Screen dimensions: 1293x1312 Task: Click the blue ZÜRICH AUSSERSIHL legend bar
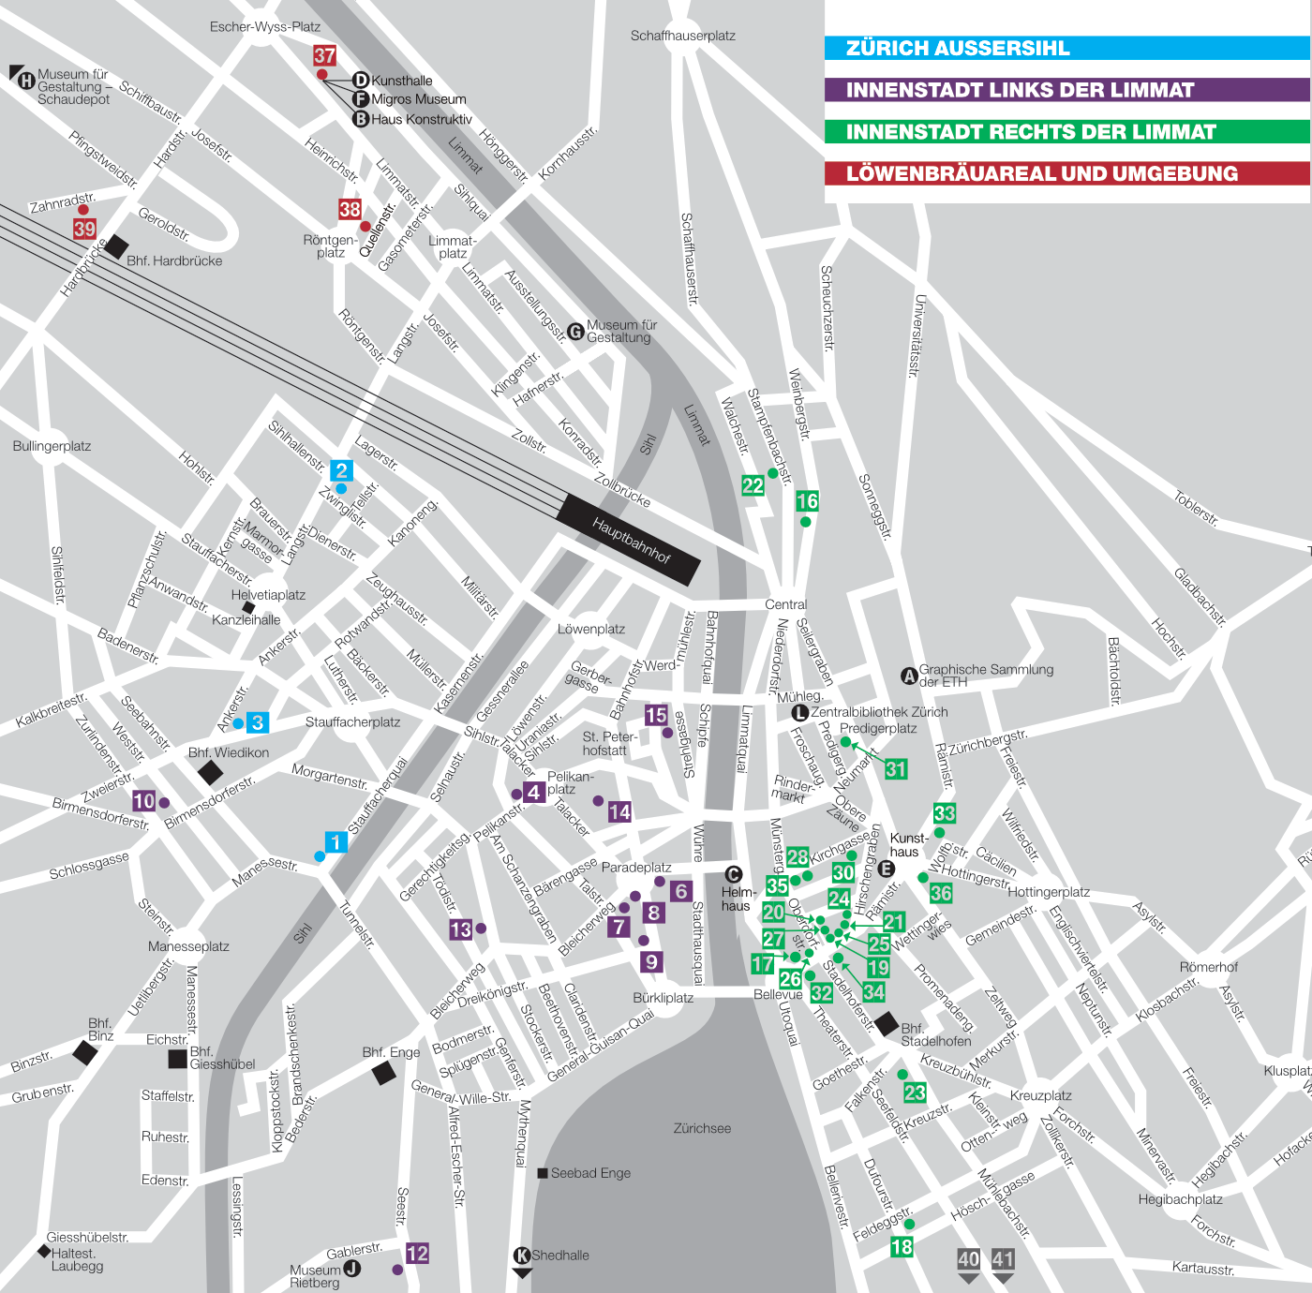[x=1066, y=49]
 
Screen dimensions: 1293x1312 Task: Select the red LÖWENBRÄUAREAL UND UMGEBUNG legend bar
[x=1066, y=173]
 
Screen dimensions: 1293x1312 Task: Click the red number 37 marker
[x=324, y=56]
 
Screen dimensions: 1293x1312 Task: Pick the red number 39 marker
[x=84, y=229]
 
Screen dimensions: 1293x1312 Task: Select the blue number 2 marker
[x=341, y=470]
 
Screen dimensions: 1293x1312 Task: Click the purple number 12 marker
[x=417, y=1254]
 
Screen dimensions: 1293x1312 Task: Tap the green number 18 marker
[x=902, y=1247]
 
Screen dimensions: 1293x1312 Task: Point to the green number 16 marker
[x=807, y=501]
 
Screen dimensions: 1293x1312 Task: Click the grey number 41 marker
[x=1003, y=1259]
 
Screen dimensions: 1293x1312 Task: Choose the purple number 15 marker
[x=656, y=716]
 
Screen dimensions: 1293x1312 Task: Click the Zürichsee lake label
[x=702, y=1129]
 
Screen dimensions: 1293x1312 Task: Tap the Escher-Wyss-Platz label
[x=265, y=27]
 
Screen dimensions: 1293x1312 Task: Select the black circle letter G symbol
[x=576, y=331]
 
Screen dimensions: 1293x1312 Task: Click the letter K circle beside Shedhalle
[x=522, y=1256]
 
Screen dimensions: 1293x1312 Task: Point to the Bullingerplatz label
[x=52, y=446]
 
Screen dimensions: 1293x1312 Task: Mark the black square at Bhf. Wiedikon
[x=211, y=773]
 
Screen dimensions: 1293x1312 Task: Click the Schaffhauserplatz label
[x=682, y=36]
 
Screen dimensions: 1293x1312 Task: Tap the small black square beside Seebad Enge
[x=543, y=1173]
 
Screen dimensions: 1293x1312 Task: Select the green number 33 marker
[x=944, y=813]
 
